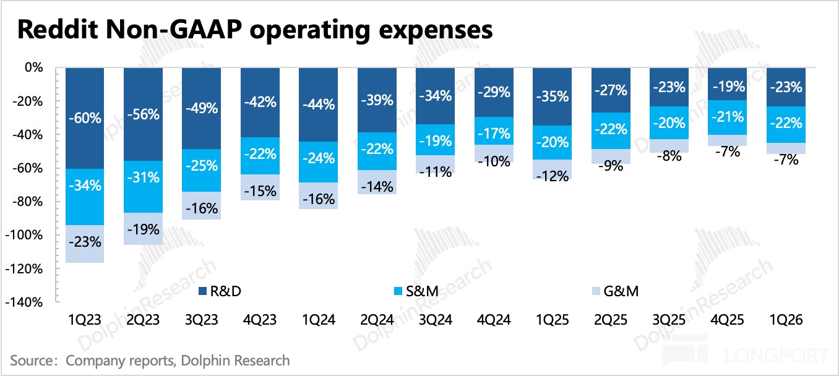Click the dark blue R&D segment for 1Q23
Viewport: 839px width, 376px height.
[85, 118]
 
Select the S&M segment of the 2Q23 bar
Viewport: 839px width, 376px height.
[143, 187]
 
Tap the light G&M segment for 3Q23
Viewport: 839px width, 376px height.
[202, 205]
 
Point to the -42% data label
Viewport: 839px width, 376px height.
[260, 102]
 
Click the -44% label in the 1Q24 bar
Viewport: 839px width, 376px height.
[319, 105]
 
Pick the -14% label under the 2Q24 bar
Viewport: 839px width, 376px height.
[377, 187]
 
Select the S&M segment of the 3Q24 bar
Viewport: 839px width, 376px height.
[435, 140]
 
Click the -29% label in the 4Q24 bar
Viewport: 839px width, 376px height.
[494, 92]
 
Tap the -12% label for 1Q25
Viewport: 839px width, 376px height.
[552, 176]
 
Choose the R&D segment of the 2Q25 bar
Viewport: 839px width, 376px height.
[611, 90]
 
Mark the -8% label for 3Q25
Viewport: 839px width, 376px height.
[669, 156]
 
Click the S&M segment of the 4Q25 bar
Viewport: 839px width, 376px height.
[728, 117]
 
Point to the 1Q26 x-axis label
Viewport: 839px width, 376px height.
[786, 320]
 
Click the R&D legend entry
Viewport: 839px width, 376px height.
[220, 291]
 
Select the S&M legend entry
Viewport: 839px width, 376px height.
[416, 291]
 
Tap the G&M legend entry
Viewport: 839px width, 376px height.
[615, 291]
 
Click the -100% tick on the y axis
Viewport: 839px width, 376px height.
[24, 235]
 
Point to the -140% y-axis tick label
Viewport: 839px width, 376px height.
[24, 302]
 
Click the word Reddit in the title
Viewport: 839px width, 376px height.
[58, 29]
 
